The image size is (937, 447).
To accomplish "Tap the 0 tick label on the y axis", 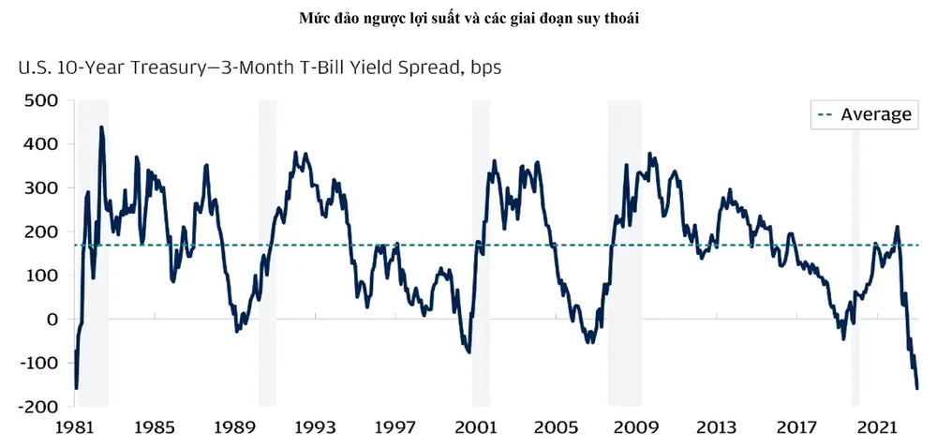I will point(53,320).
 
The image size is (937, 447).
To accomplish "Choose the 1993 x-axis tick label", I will point(315,428).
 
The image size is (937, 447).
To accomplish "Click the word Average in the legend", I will point(876,114).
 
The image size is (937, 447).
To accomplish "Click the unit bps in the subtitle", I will point(491,68).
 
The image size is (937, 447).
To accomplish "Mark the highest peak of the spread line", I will point(101,128).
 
